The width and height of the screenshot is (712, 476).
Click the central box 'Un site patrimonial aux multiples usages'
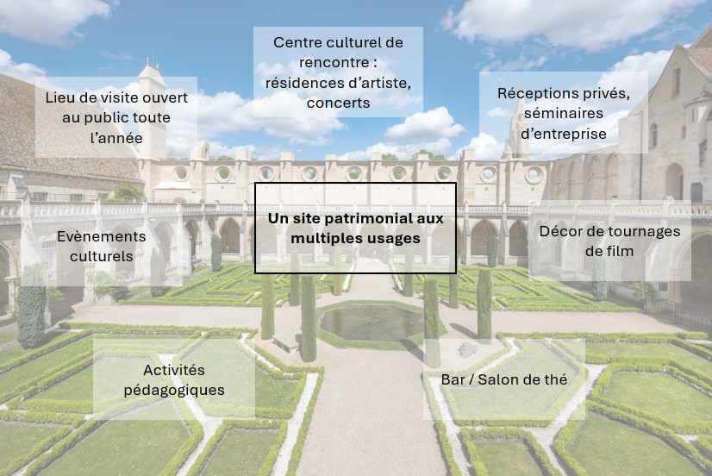pos(355,228)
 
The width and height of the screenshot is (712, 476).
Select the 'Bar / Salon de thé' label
pos(504,379)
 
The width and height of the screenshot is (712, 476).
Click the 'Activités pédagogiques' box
pos(174,379)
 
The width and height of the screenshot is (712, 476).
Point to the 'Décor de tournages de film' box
pos(609,241)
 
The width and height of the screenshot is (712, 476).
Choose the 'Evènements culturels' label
pos(102,246)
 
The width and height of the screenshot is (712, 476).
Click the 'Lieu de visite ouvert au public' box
pos(116,117)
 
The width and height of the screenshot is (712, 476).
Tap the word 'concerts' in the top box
pos(338,103)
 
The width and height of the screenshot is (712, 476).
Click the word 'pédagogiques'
pos(174,390)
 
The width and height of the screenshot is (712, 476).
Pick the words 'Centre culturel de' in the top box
pos(338,42)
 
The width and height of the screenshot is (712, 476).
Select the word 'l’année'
pos(116,138)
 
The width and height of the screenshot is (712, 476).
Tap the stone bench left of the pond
pos(285,341)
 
